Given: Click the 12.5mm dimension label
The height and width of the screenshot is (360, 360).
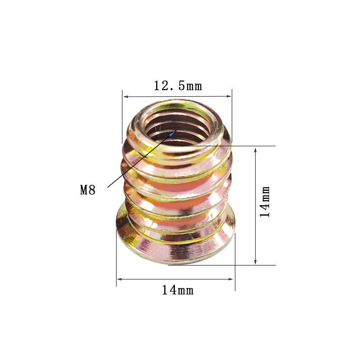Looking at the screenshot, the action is [178, 86].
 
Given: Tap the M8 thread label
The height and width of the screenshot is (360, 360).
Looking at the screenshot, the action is [88, 190].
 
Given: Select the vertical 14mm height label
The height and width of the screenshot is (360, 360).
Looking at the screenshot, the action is [265, 202].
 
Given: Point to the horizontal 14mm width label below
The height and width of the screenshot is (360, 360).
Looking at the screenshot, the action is [178, 290].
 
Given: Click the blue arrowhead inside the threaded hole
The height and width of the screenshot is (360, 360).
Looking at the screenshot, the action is [173, 133].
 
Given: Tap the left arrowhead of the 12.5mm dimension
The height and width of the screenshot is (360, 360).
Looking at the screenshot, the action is [126, 97].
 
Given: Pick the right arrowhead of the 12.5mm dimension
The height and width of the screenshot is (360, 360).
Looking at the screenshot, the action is [229, 96].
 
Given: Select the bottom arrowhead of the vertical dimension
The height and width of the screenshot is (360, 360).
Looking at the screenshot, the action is [255, 262].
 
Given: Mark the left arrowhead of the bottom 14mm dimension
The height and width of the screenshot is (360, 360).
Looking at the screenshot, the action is [119, 279].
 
